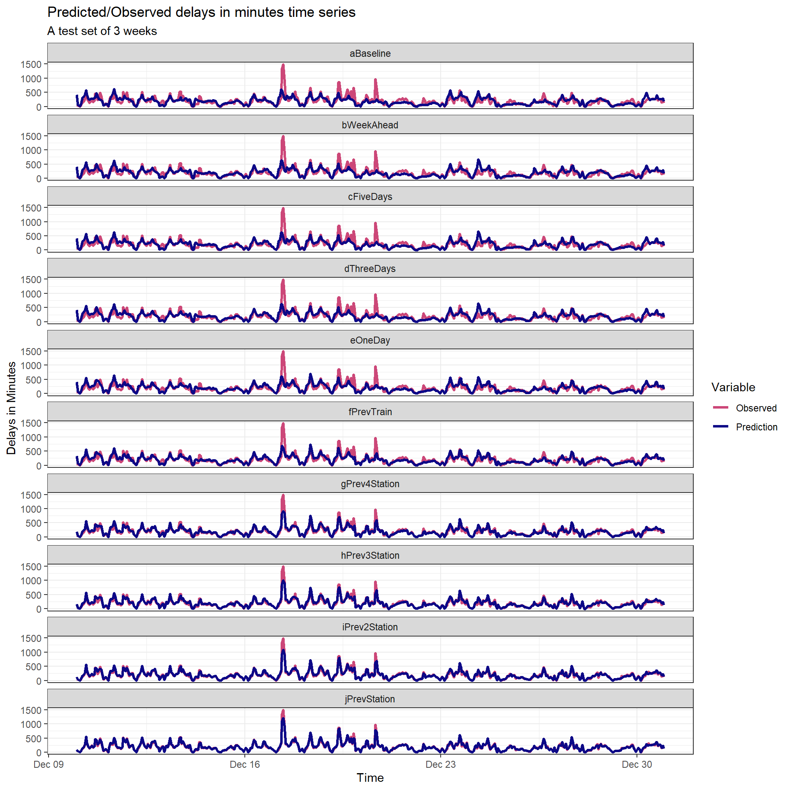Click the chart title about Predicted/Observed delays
pyautogui.click(x=201, y=12)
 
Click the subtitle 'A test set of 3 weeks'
pyautogui.click(x=102, y=31)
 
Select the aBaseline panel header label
pyautogui.click(x=370, y=53)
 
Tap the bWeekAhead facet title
pyautogui.click(x=370, y=125)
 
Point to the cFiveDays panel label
pyautogui.click(x=370, y=197)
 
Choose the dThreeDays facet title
pyautogui.click(x=370, y=269)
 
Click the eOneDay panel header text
pyautogui.click(x=370, y=340)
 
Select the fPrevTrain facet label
pyautogui.click(x=370, y=412)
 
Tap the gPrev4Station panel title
pyautogui.click(x=370, y=484)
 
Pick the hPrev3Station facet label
pyautogui.click(x=370, y=555)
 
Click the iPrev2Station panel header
pyautogui.click(x=370, y=627)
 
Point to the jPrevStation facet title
pyautogui.click(x=370, y=699)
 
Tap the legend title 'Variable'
pyautogui.click(x=733, y=387)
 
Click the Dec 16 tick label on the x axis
pyautogui.click(x=245, y=764)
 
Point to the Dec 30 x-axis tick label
pyautogui.click(x=637, y=764)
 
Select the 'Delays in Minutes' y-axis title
pyautogui.click(x=11, y=408)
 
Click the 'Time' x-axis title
pyautogui.click(x=370, y=778)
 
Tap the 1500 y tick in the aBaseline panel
pyautogui.click(x=31, y=65)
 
